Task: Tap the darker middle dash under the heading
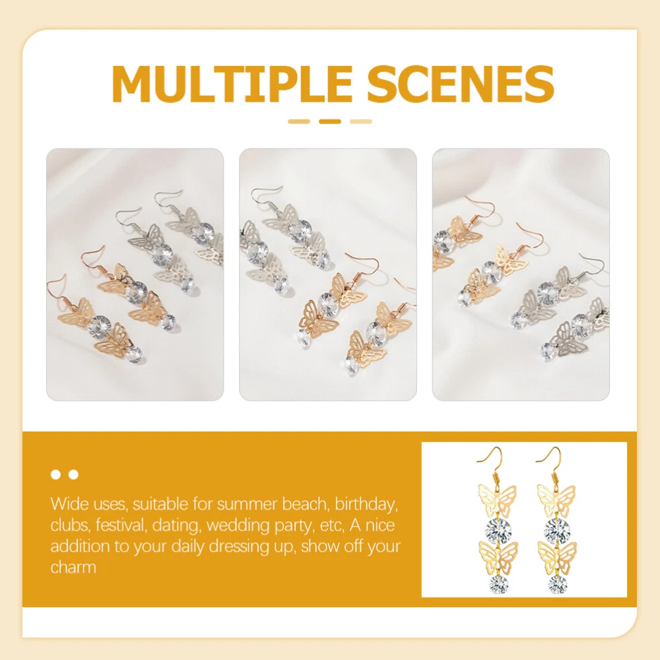click(330, 121)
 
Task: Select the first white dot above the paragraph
click(55, 475)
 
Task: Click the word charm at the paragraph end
click(73, 568)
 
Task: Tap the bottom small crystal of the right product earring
click(558, 585)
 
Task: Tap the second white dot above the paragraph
click(74, 475)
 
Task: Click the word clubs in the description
click(71, 525)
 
